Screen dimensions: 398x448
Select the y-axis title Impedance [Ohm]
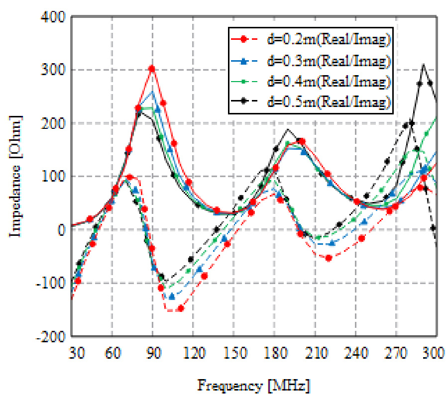pos(18,176)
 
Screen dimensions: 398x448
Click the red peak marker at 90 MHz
pos(152,69)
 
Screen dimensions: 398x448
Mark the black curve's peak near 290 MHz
pos(423,64)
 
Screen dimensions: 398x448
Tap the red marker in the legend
pos(243,39)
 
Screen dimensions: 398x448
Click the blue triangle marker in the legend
pos(243,60)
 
